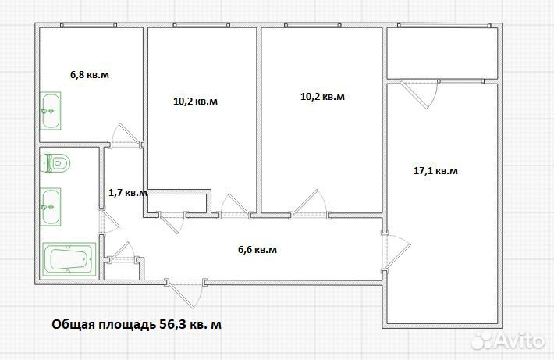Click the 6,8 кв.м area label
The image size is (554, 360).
coord(90,75)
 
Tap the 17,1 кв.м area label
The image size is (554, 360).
coord(435,171)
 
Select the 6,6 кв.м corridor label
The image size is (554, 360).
coord(257,250)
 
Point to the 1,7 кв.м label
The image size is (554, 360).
coord(127,193)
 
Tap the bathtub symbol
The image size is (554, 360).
coord(69,259)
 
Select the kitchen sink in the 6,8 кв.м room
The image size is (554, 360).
coord(51,111)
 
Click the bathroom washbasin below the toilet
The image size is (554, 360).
coord(51,207)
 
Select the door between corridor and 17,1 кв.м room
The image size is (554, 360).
coord(396,251)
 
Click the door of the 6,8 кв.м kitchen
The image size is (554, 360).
coord(126,135)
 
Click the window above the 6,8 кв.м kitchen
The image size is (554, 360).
coord(88,25)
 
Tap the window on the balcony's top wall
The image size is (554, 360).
coord(444,25)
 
